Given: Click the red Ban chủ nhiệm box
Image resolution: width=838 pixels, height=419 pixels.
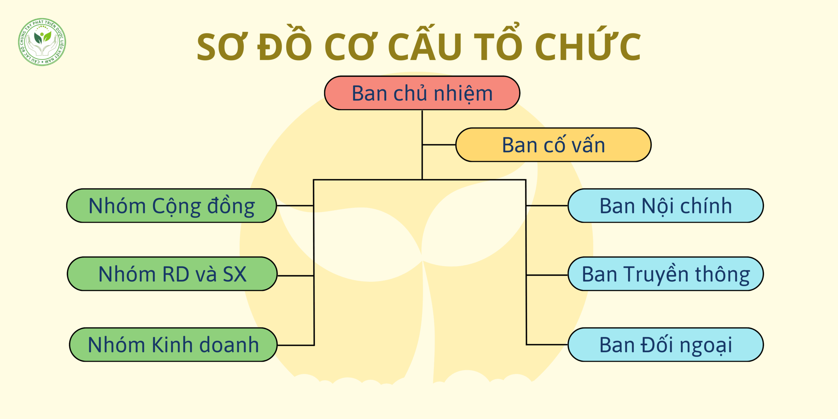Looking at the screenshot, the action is click(x=422, y=93).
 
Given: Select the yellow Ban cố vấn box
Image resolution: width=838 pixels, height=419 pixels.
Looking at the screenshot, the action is click(x=554, y=145).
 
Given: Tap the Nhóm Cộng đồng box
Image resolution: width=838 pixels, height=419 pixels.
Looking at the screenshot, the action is click(x=172, y=206).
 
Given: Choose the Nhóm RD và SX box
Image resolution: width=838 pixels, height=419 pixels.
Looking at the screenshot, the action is click(x=173, y=274).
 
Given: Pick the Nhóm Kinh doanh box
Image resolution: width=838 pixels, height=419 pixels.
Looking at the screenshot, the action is click(x=173, y=344).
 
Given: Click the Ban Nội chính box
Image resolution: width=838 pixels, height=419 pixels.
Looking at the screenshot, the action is click(x=666, y=206).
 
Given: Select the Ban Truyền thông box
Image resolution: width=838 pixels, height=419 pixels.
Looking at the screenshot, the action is click(x=666, y=274).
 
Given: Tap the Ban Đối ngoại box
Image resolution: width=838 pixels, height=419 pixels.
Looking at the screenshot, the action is click(x=666, y=344).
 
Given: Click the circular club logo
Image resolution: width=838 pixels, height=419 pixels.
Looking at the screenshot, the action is click(x=42, y=42).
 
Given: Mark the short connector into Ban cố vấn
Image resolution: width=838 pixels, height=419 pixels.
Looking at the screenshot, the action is click(x=439, y=144).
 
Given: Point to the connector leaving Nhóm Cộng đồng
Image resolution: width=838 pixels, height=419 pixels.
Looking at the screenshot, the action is click(x=295, y=206).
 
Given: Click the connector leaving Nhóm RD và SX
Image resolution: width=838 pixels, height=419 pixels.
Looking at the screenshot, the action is click(x=296, y=276).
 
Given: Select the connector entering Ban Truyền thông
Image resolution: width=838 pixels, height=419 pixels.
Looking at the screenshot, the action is click(x=547, y=275).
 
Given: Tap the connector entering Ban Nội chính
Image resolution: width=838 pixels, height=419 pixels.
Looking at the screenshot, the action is click(x=547, y=206).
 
